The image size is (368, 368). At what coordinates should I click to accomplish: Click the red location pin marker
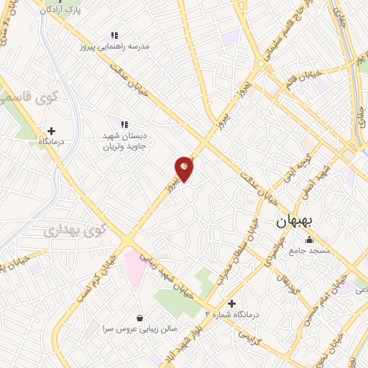185,167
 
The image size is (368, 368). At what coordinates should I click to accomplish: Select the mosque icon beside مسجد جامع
309,240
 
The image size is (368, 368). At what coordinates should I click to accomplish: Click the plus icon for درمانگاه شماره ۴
231,304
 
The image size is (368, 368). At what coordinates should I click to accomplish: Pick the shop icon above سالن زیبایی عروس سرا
139,318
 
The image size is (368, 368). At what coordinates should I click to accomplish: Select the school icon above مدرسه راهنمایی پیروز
114,34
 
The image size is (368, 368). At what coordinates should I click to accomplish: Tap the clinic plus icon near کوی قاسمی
50,131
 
